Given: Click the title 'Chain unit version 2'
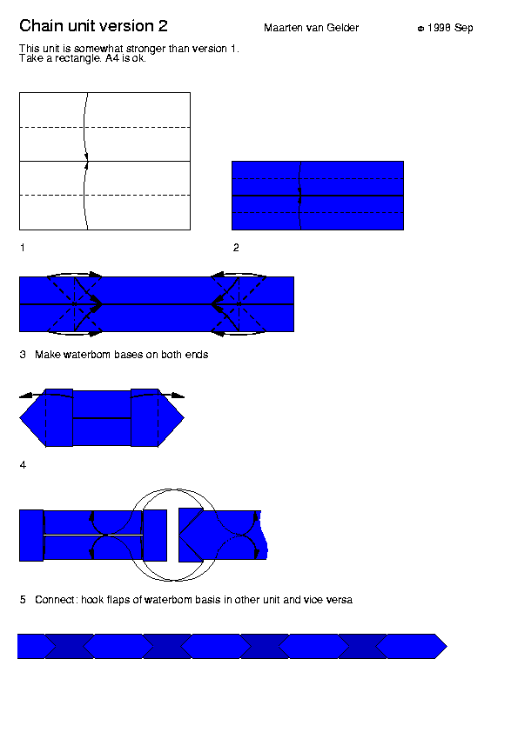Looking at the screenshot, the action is point(93,26).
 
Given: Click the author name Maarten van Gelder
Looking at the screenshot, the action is point(312,28).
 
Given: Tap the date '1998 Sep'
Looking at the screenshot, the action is point(450,28).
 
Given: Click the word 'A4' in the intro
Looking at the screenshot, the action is point(112,58).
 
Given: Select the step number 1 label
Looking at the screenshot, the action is point(23,248).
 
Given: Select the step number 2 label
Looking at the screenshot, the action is point(236,248).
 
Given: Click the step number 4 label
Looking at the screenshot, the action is point(23,465).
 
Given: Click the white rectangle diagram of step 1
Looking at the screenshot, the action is point(104,161).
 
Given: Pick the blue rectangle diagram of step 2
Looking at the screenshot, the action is point(318,196).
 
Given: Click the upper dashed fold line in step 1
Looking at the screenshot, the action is point(104,127).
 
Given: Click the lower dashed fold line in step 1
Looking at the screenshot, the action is point(104,195).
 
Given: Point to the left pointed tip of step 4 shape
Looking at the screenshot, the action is point(20,418).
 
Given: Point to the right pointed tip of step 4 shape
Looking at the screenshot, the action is point(184,418).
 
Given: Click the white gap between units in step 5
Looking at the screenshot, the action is point(173,536).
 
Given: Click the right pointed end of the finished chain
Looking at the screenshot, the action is point(447,647).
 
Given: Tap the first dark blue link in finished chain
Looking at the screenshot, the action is point(70,647).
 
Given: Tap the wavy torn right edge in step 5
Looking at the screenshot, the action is point(264,536).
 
